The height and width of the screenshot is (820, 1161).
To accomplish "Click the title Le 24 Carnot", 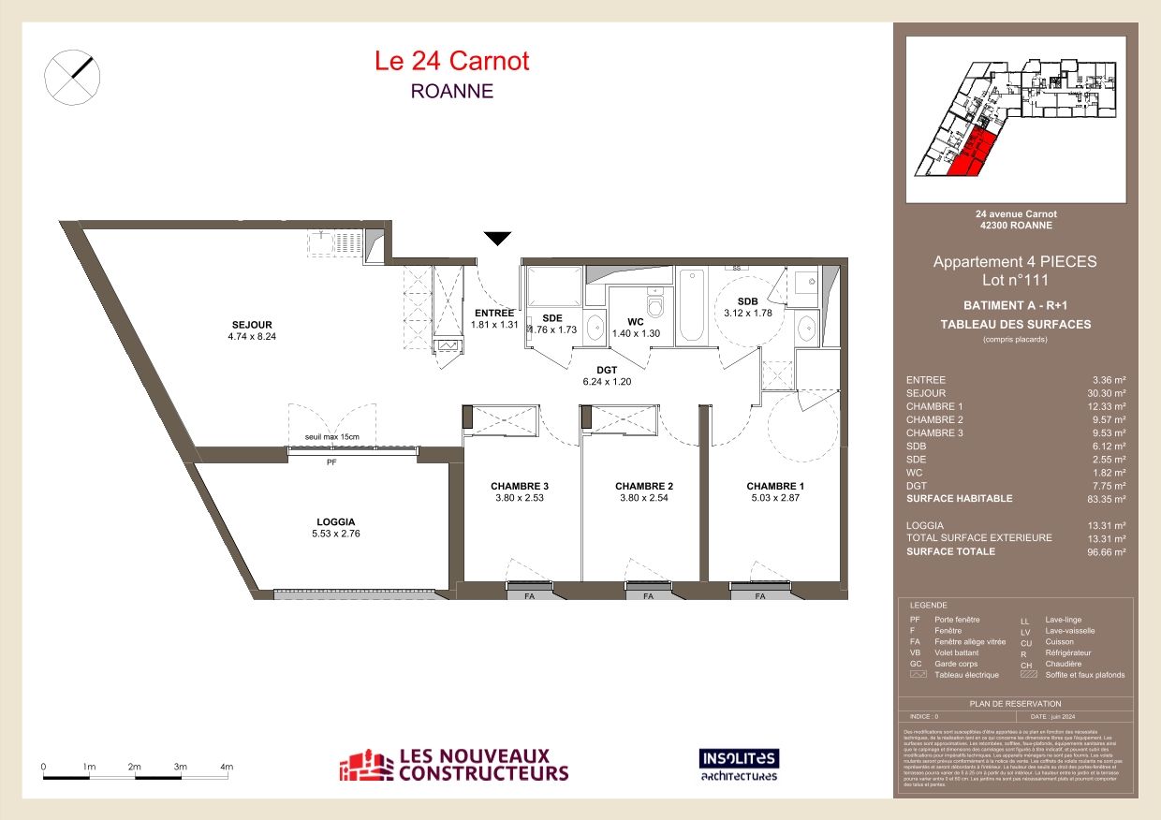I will tap(451, 61).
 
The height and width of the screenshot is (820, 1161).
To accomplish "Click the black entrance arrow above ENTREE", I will tap(497, 239).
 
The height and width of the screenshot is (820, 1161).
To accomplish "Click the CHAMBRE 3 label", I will tap(520, 486).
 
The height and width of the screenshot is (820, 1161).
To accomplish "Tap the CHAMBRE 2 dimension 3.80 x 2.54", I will tap(644, 498).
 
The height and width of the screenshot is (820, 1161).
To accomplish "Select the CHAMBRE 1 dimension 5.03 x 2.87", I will tap(774, 498).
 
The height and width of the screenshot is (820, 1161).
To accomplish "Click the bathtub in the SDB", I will tap(692, 305).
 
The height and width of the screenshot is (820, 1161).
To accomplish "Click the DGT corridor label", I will tap(606, 369).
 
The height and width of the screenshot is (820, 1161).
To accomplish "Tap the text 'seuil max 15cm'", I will tap(331, 438).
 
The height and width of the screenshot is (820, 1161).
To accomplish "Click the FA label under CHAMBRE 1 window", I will tap(760, 596).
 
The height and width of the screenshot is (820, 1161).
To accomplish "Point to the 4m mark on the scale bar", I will tap(227, 767).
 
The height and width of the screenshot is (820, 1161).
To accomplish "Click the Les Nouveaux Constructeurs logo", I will tap(453, 765).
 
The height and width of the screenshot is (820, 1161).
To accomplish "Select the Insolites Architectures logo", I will tap(739, 765).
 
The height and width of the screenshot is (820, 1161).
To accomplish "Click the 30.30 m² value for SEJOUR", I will tap(1108, 393).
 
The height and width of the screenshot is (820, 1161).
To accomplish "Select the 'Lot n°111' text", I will tap(1014, 279).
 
